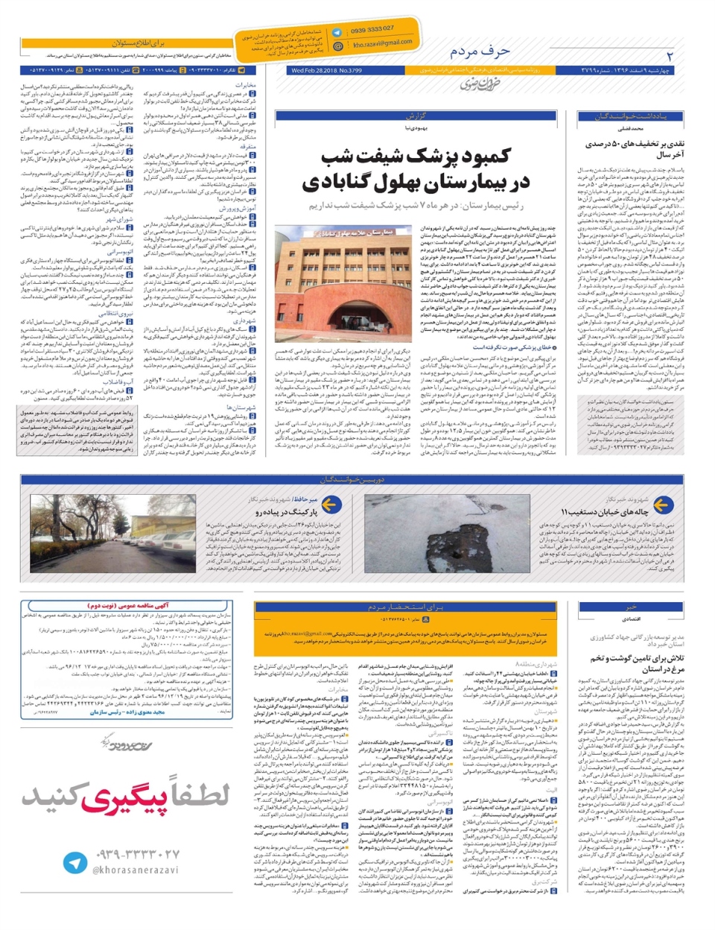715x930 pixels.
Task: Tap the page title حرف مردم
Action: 480,51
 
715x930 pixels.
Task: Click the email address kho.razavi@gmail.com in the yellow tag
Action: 382,44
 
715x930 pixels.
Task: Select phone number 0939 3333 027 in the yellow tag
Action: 372,30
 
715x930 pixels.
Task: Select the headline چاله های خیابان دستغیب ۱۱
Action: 604,512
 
